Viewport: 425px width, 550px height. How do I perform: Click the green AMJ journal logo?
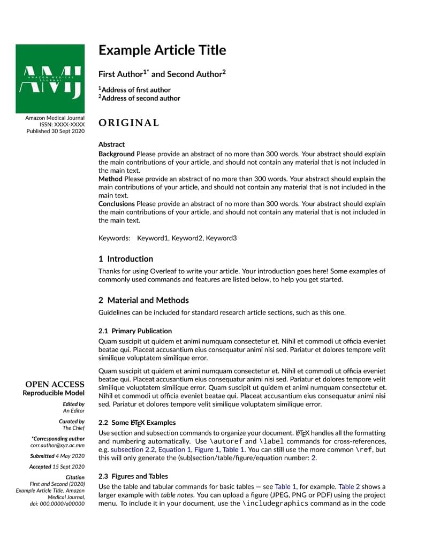50,79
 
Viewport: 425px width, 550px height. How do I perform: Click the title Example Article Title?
162,50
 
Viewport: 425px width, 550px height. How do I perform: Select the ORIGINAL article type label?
128,123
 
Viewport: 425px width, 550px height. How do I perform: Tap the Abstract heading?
111,144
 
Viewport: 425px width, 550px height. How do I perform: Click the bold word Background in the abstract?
116,154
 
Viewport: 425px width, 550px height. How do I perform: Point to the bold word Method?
110,179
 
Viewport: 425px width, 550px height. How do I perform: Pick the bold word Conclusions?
116,204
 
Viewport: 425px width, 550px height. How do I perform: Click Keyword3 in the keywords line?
221,238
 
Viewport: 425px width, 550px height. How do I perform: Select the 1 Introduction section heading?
126,259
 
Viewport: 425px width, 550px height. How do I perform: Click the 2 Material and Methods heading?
143,300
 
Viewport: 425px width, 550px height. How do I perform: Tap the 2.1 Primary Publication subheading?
135,331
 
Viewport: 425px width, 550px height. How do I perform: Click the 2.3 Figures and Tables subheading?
133,476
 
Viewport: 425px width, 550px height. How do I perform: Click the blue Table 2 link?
349,487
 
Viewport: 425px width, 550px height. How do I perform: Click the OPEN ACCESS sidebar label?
55,384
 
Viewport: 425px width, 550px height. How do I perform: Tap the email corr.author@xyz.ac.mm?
57,445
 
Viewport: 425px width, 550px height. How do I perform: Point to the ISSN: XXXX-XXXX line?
62,124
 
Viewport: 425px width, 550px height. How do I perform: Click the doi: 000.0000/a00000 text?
58,503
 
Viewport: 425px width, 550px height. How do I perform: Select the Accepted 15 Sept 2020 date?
57,467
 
